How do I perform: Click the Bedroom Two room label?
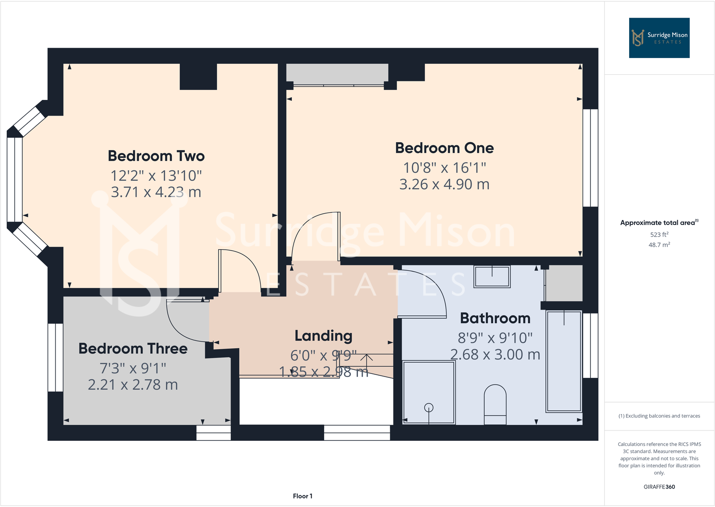(x=156, y=156)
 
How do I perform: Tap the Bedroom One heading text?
(x=444, y=148)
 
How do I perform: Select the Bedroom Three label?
(x=133, y=349)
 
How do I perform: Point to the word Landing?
(x=323, y=336)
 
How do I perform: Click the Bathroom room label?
(x=495, y=318)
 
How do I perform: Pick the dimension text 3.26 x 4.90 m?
(x=444, y=184)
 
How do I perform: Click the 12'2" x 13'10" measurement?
(x=156, y=175)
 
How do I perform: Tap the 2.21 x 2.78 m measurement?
(x=133, y=385)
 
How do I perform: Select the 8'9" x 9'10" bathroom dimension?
(x=495, y=338)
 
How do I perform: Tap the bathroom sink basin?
(x=492, y=276)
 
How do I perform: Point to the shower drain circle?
(x=429, y=408)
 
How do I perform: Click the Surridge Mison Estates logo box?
(x=659, y=38)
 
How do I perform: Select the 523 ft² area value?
(x=659, y=234)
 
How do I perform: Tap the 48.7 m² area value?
(x=659, y=245)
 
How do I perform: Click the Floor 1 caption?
(x=302, y=496)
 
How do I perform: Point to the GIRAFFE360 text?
(x=659, y=487)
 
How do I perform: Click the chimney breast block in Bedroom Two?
(x=198, y=76)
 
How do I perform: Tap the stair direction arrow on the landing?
(x=366, y=359)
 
